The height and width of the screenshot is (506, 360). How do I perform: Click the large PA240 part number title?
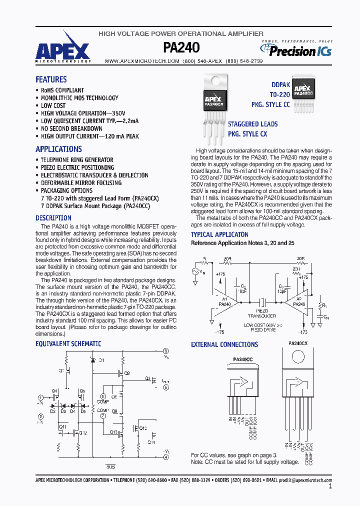pyautogui.click(x=181, y=47)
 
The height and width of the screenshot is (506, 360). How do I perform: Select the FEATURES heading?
pyautogui.click(x=51, y=79)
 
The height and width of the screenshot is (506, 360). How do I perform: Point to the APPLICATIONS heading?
pyautogui.click(x=58, y=149)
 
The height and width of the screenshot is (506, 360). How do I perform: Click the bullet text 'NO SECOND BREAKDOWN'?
pyautogui.click(x=71, y=128)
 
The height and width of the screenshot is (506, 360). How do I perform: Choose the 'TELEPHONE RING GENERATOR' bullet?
pyautogui.click(x=77, y=160)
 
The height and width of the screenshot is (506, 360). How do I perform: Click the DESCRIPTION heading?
pyautogui.click(x=53, y=218)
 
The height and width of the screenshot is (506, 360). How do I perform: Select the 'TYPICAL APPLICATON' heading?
pyautogui.click(x=219, y=234)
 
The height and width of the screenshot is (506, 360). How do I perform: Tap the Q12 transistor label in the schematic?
pyautogui.click(x=82, y=432)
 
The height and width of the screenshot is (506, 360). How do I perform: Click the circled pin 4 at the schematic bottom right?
pyautogui.click(x=166, y=456)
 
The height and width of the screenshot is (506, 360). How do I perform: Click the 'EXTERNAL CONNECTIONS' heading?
pyautogui.click(x=224, y=344)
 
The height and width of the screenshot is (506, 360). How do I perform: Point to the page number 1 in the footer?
pyautogui.click(x=330, y=486)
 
